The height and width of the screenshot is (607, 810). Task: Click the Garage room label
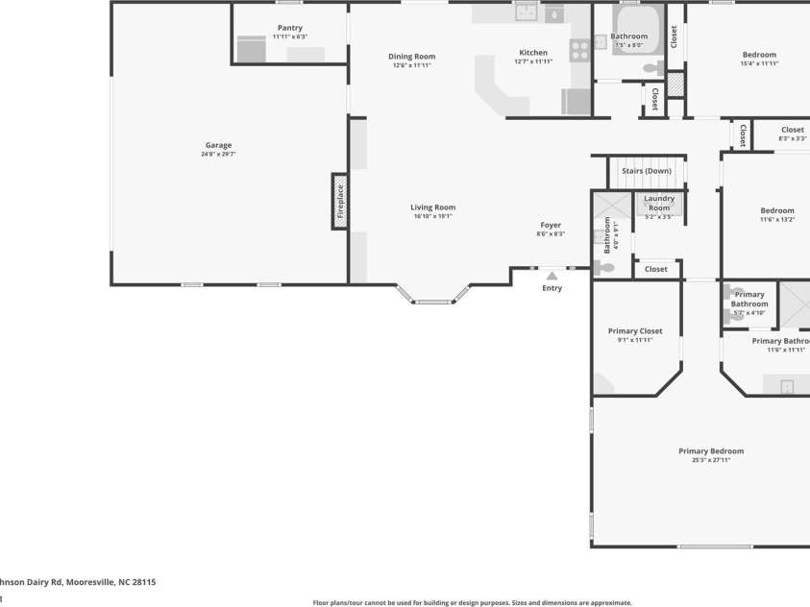coord(218,145)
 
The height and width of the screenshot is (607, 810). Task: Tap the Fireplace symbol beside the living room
coord(339,202)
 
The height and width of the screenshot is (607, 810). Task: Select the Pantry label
coord(289,28)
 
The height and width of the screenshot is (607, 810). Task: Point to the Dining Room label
coord(411,57)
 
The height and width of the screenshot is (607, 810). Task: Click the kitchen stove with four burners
coord(580,50)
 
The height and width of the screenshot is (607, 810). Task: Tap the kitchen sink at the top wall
coord(526,12)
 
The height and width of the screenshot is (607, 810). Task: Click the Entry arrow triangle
coord(552,277)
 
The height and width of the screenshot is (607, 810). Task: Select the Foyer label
coord(551,225)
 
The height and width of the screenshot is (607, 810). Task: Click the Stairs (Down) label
coord(646,171)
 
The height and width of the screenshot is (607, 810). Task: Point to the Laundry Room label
coord(659,203)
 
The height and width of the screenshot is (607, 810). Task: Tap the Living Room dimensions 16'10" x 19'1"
coord(432,216)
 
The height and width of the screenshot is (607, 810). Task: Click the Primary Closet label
coord(635,330)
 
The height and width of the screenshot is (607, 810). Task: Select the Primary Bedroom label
coord(711,450)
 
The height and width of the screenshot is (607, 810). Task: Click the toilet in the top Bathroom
coord(653,68)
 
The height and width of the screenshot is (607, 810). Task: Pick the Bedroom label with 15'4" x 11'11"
coord(758,55)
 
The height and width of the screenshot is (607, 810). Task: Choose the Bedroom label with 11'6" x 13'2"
coord(777,210)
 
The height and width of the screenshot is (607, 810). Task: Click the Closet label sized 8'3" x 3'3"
coord(792,130)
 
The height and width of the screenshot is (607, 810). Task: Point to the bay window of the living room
coord(433,301)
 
